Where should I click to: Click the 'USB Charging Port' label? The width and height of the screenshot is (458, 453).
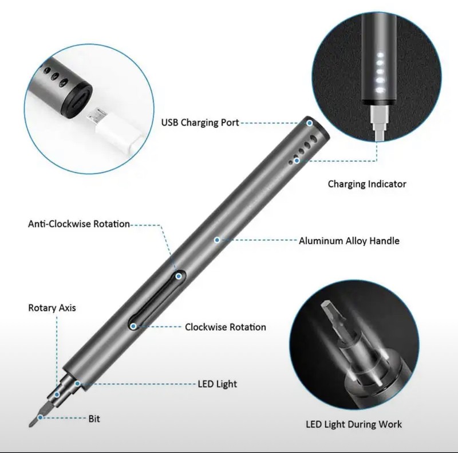200,122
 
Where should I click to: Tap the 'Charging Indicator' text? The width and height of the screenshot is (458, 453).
367,184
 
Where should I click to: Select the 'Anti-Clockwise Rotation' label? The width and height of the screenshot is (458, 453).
79,224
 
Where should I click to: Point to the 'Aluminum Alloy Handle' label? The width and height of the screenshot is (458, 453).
349,241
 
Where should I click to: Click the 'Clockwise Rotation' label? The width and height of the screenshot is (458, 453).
226,327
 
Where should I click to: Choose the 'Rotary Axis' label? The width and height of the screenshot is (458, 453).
52,308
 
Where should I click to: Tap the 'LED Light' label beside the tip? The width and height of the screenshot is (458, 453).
218,384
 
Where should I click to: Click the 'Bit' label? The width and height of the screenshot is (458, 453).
94,419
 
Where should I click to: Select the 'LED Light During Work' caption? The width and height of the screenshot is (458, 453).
354,424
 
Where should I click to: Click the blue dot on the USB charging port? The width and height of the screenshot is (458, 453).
310,123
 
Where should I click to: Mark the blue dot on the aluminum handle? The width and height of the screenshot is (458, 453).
217,240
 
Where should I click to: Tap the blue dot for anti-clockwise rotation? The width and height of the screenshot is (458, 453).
179,276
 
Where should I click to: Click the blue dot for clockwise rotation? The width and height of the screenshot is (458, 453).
133,326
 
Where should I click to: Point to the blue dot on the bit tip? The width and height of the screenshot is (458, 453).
40,417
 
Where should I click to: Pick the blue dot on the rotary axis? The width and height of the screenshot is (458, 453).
57,395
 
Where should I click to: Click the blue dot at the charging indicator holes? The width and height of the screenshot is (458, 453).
297,161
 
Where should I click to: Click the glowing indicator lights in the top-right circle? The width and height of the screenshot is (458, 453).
380,73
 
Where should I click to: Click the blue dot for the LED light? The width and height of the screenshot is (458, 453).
77,384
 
